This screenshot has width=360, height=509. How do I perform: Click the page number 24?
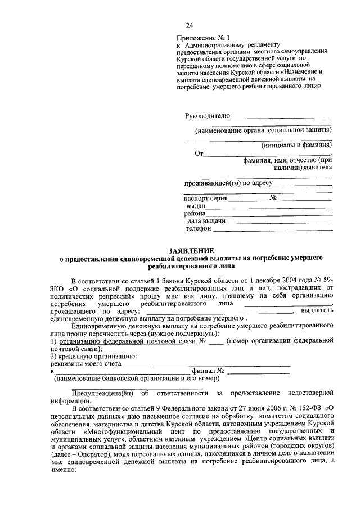190,25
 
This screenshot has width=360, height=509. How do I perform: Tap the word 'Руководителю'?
208,116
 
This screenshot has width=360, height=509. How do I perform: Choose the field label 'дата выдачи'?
206,221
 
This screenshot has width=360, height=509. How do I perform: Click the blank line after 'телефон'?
272,229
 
